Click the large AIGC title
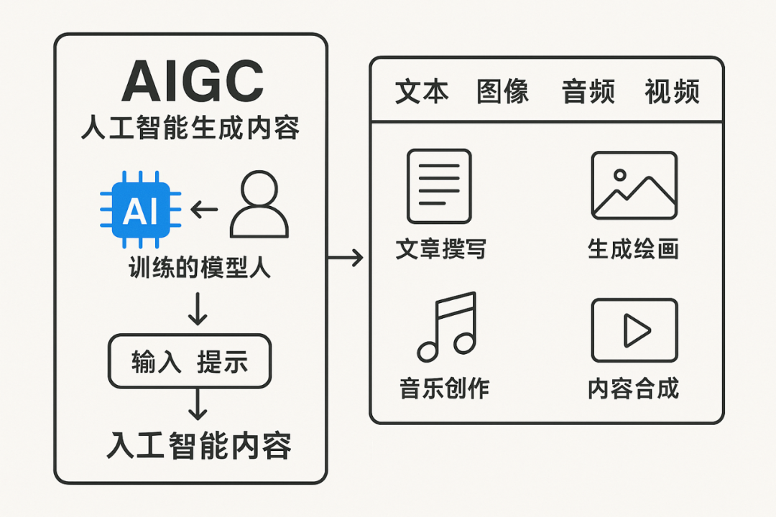192,83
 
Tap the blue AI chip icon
141,210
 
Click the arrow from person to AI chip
205,210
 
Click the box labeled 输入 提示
190,361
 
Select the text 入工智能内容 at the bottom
199,446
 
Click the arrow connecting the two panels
346,258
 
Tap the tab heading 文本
422,92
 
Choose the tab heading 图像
503,92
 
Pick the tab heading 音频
588,92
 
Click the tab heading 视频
672,92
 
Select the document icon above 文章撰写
439,186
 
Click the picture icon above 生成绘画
634,185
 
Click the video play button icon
634,330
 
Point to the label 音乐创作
444,388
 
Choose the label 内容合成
633,388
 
